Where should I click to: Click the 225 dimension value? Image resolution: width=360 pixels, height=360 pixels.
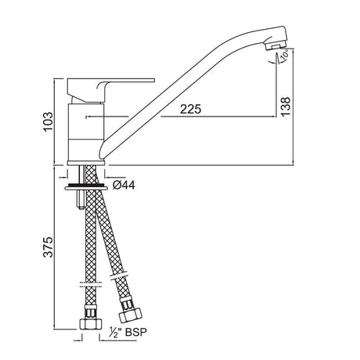[x=191, y=109]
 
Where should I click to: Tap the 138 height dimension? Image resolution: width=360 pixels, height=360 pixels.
[x=286, y=106]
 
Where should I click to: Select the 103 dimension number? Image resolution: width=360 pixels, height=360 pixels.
[x=48, y=122]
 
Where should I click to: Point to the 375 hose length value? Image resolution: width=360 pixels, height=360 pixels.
[x=48, y=247]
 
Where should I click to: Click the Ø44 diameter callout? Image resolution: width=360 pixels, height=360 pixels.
[x=124, y=185]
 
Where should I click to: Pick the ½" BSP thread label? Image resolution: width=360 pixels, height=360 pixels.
[x=128, y=333]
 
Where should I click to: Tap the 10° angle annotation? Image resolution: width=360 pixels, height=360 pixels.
[x=285, y=55]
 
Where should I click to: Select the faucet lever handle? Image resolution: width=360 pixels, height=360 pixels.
[x=110, y=90]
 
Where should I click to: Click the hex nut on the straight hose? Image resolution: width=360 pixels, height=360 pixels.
[x=90, y=324]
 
